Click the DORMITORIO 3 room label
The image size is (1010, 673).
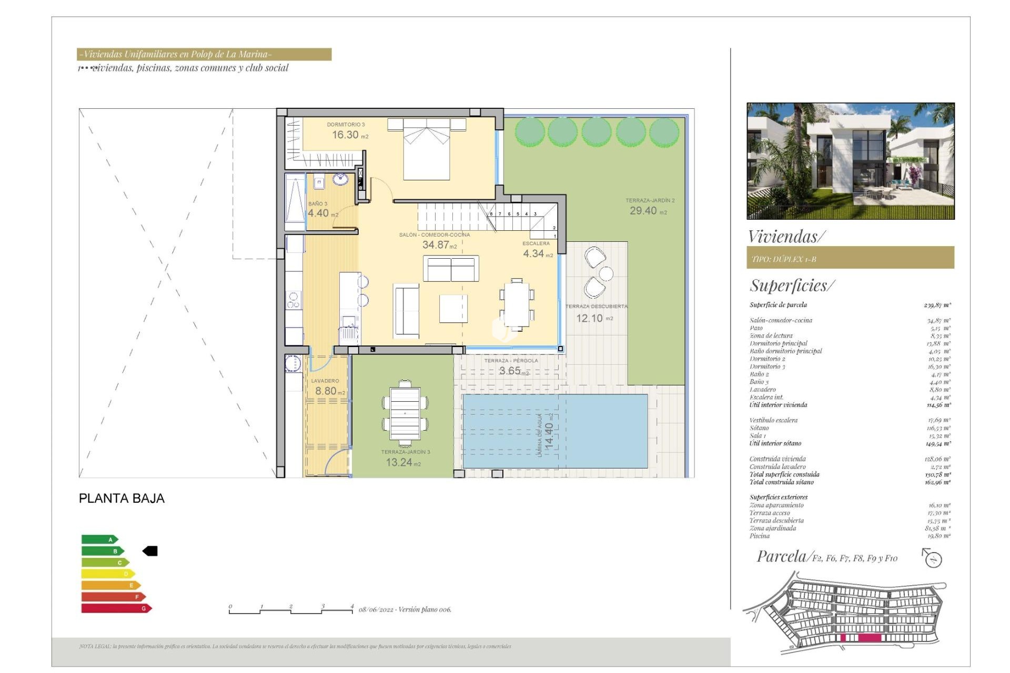click(x=346, y=125)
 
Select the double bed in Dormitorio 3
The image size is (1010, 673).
click(x=426, y=149)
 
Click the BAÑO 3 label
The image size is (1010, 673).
click(x=318, y=203)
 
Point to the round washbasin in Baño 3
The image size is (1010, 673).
click(x=340, y=179)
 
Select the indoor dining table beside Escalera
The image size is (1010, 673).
click(x=517, y=304)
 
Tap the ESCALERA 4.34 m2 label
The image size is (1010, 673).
click(x=537, y=249)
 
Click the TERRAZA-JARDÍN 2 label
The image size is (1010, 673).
click(x=650, y=200)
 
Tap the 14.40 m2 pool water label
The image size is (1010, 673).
click(x=549, y=435)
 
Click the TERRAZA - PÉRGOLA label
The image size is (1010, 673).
click(x=511, y=361)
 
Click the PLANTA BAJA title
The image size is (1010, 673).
click(x=122, y=498)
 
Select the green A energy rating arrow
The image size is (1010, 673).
click(x=99, y=539)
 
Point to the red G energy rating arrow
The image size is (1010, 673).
click(x=116, y=608)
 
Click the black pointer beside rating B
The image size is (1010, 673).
click(x=150, y=551)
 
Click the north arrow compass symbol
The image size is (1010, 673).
click(x=932, y=558)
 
